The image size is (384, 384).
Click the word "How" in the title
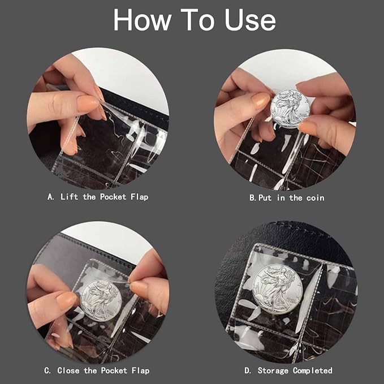click(143, 20)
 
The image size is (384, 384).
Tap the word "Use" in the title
click(250, 20)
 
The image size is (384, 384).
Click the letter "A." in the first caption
click(51, 197)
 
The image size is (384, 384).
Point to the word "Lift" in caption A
click(69, 197)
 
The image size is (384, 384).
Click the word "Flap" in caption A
click(139, 197)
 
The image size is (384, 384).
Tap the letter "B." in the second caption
click(253, 198)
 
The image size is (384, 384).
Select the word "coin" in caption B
click(316, 198)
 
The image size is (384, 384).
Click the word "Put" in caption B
click(265, 198)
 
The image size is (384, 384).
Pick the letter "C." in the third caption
click(48, 370)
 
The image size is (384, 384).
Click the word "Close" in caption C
click(68, 370)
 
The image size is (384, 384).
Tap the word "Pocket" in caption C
click(114, 370)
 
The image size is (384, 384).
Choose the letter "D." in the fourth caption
click(248, 370)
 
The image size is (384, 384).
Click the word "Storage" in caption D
click(273, 371)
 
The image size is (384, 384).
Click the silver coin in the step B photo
click(290, 109)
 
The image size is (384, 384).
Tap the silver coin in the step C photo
click(101, 300)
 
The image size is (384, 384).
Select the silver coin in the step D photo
click(277, 289)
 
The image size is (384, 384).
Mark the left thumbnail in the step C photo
click(66, 300)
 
